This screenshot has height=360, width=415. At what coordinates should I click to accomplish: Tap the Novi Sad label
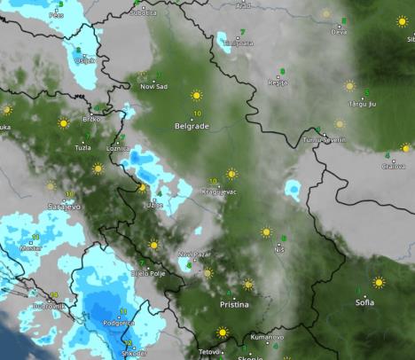click(x=153, y=86)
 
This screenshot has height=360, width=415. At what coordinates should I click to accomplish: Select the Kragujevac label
click(x=218, y=192)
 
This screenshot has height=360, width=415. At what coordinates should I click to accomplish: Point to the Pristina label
click(x=234, y=304)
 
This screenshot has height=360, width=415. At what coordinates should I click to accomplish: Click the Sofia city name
click(x=364, y=302)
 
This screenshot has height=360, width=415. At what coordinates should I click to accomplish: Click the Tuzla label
click(x=83, y=148)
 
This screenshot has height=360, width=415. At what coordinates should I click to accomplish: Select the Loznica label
click(x=118, y=148)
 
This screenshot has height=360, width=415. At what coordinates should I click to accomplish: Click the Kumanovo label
click(x=267, y=337)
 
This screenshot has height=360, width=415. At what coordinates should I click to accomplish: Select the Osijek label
click(x=85, y=60)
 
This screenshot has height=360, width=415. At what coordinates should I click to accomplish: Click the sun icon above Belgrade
click(x=196, y=96)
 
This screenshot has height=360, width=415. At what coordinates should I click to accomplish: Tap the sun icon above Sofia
click(x=379, y=283)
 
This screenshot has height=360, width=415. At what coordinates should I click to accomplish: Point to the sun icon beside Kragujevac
click(x=231, y=174)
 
